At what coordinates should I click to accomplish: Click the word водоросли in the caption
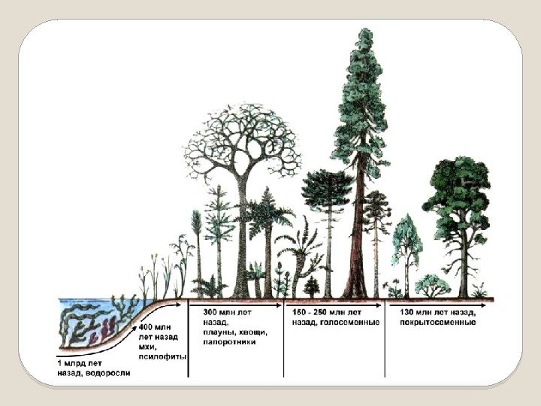(111, 372)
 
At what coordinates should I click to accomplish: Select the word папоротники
(229, 342)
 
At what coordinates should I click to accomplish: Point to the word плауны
(219, 332)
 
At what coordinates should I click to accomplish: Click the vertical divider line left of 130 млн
(385, 338)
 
